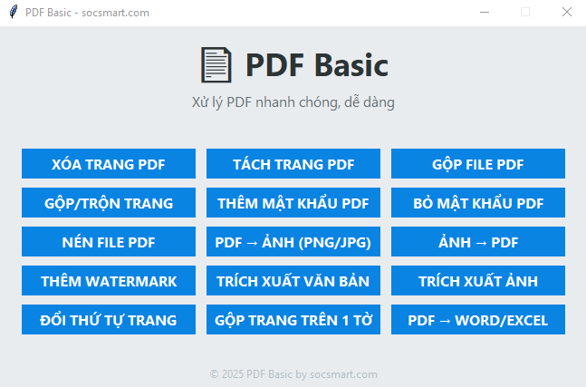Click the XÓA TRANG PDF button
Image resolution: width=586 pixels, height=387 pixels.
(109, 164)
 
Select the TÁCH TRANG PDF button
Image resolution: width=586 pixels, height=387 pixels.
(293, 164)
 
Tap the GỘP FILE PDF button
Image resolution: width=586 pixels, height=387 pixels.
(478, 164)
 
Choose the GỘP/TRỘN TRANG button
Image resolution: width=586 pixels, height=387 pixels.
(109, 203)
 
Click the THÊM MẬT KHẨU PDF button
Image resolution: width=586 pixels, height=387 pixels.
(293, 203)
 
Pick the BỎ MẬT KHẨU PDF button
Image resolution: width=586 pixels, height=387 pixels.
(478, 203)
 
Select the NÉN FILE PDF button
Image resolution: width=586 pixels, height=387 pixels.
(109, 242)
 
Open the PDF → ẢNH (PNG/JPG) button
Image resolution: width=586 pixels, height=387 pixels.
(293, 242)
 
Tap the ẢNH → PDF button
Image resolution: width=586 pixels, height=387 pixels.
(478, 242)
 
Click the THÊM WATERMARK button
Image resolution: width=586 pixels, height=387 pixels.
(109, 280)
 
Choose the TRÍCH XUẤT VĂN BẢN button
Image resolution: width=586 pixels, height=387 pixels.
(293, 280)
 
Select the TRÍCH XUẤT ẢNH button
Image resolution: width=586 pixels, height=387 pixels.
(478, 280)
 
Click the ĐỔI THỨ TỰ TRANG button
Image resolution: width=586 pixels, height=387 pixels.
(109, 319)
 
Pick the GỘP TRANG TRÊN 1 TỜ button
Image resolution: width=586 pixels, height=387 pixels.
(293, 319)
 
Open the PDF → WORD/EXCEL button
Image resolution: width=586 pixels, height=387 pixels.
(478, 319)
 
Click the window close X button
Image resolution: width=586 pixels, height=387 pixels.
(567, 12)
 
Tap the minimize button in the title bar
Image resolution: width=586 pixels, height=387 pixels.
(485, 12)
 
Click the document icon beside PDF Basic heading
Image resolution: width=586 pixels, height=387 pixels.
(216, 64)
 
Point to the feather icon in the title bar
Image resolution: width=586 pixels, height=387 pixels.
(14, 12)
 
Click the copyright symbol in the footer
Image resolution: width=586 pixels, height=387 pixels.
(214, 374)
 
